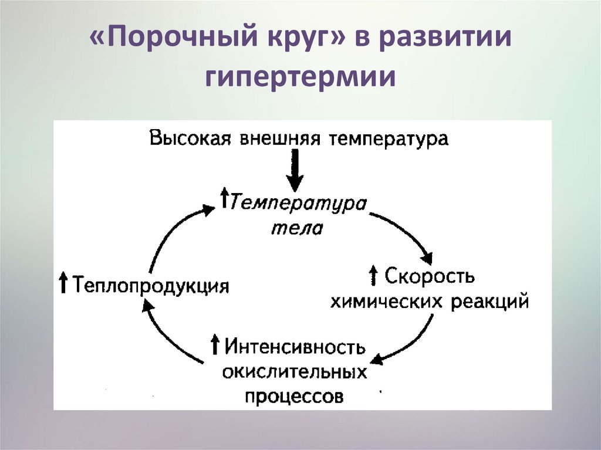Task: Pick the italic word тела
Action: (297, 227)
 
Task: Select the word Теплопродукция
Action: (150, 286)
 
